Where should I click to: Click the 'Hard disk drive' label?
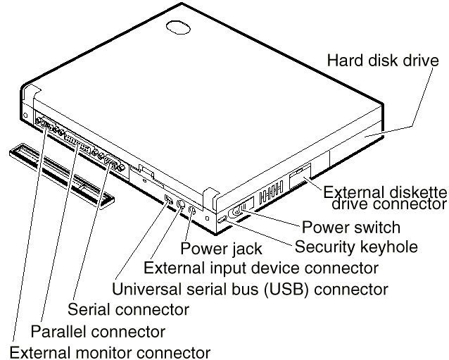[x=387, y=60]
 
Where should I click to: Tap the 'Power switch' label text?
[x=350, y=228]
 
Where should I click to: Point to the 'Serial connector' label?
[x=128, y=309]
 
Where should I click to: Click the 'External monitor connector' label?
[x=105, y=352]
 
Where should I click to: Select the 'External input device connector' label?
[x=260, y=268]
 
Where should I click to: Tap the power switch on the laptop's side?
[x=240, y=209]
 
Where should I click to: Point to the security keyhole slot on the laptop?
[x=223, y=221]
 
